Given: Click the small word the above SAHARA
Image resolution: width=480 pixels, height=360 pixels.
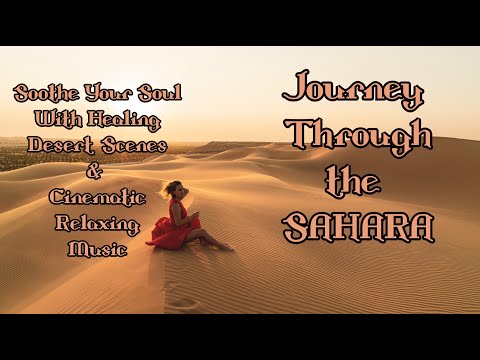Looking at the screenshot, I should point(357,183).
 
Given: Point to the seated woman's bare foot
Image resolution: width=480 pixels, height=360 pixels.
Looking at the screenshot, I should point(229,246).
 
